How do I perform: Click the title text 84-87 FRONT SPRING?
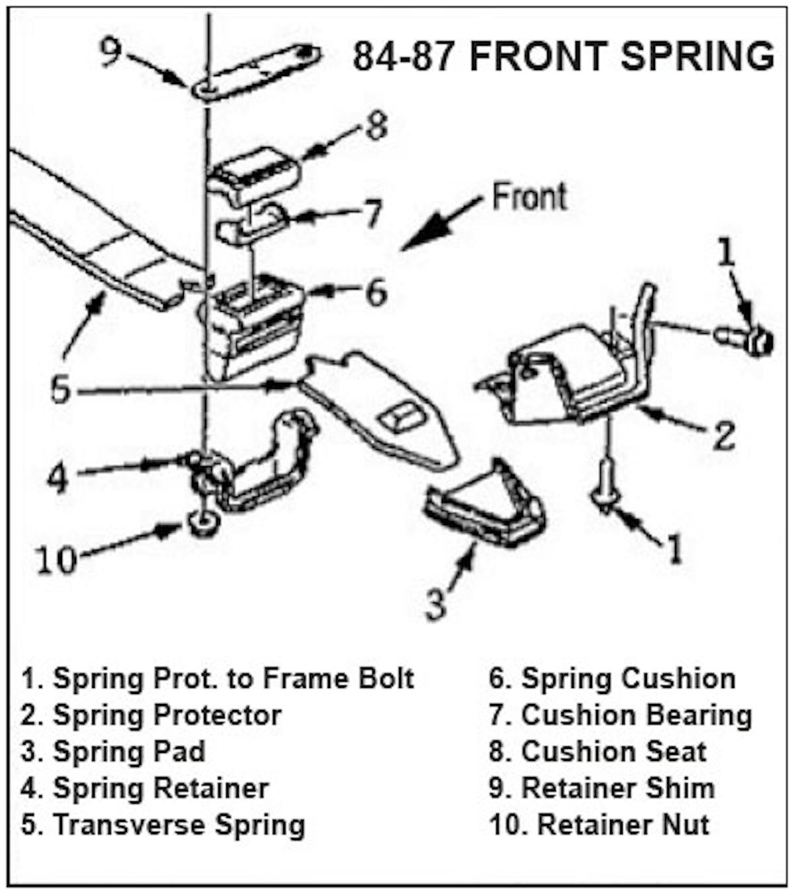click(563, 56)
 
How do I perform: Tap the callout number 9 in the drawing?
click(110, 51)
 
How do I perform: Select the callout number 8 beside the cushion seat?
click(376, 126)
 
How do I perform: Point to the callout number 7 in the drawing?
click(373, 214)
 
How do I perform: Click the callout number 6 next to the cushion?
click(376, 292)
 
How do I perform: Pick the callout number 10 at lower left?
click(56, 560)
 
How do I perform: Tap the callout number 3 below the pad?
click(435, 604)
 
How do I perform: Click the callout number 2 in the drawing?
click(723, 435)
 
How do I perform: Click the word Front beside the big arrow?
click(529, 197)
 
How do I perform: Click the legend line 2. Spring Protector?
click(151, 716)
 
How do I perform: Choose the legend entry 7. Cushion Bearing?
click(620, 716)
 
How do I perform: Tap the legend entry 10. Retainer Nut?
click(599, 825)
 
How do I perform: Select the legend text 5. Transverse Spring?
click(163, 825)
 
